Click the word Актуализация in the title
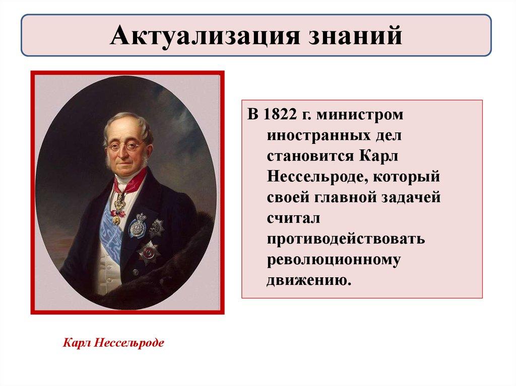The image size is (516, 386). [205, 36]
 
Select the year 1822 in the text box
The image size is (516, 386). [280, 114]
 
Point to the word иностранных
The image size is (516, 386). [317, 136]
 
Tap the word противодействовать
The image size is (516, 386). [346, 239]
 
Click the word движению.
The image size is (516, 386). [309, 280]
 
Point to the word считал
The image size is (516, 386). [293, 218]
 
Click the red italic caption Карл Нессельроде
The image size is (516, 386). [113, 343]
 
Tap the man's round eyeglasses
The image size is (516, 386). [125, 145]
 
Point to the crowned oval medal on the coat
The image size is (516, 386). [138, 225]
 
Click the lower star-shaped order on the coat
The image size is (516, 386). [148, 253]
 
